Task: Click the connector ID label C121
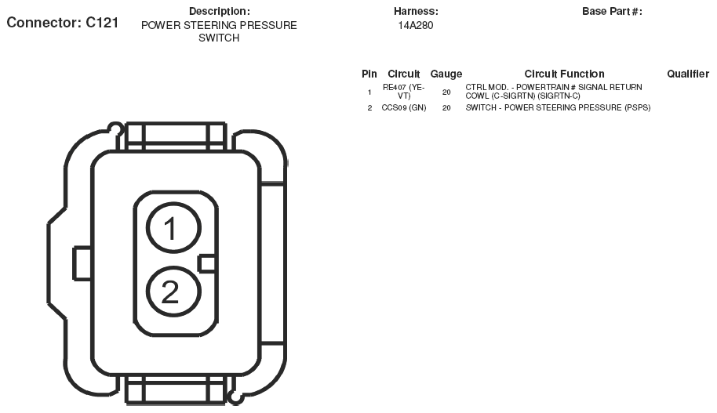point(63,23)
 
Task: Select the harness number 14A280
point(416,26)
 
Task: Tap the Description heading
point(220,12)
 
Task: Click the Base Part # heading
point(612,12)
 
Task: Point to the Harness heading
point(416,12)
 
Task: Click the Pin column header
point(369,74)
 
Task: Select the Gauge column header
point(446,74)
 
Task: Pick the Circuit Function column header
point(564,74)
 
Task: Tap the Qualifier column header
point(688,74)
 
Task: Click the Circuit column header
point(404,74)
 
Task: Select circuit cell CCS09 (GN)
point(404,108)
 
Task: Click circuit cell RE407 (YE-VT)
point(404,92)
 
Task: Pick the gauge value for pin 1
point(446,92)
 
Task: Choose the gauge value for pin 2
point(446,108)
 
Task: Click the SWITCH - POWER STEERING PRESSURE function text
point(558,108)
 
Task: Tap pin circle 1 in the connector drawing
point(174,227)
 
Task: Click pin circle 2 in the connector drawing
point(174,292)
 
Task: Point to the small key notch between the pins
point(207,263)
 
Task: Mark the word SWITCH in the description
point(219,38)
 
